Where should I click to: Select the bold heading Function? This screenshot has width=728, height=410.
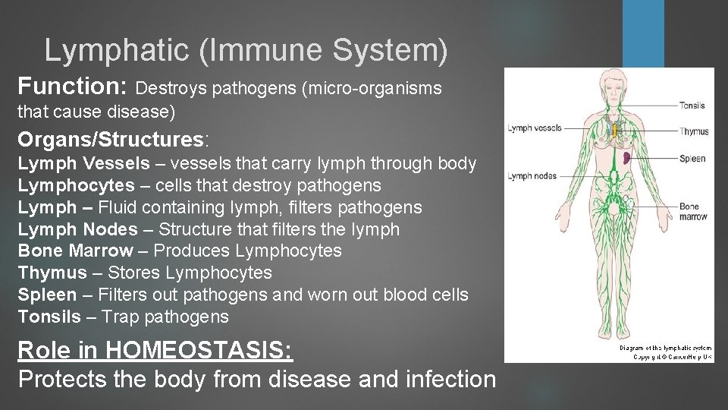(x=73, y=85)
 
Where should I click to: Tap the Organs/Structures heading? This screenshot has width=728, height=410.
(x=111, y=140)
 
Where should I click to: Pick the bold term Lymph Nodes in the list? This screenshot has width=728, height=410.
(x=77, y=229)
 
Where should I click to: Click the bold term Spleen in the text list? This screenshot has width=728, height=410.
(x=47, y=295)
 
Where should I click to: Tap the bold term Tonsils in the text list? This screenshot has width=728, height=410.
(x=49, y=317)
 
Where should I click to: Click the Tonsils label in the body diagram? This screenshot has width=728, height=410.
(x=692, y=106)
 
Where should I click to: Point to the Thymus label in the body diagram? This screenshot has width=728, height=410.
(x=694, y=131)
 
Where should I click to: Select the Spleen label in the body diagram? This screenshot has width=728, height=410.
(x=692, y=159)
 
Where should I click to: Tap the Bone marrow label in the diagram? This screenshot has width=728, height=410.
(x=692, y=211)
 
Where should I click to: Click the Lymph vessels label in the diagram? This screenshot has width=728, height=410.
(x=534, y=128)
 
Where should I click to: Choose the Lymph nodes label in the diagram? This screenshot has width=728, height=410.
(x=532, y=176)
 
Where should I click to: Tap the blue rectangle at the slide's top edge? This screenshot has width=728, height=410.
(x=643, y=30)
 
